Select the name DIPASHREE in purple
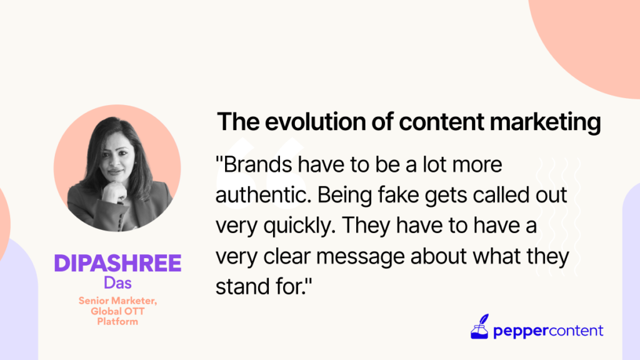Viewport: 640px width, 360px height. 117,263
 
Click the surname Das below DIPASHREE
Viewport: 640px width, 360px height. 117,283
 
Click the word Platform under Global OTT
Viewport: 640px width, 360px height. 117,322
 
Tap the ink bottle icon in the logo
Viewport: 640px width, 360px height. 479,326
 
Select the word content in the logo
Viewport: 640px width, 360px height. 575,330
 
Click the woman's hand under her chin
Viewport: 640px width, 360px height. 115,192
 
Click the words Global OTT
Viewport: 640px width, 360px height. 117,311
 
